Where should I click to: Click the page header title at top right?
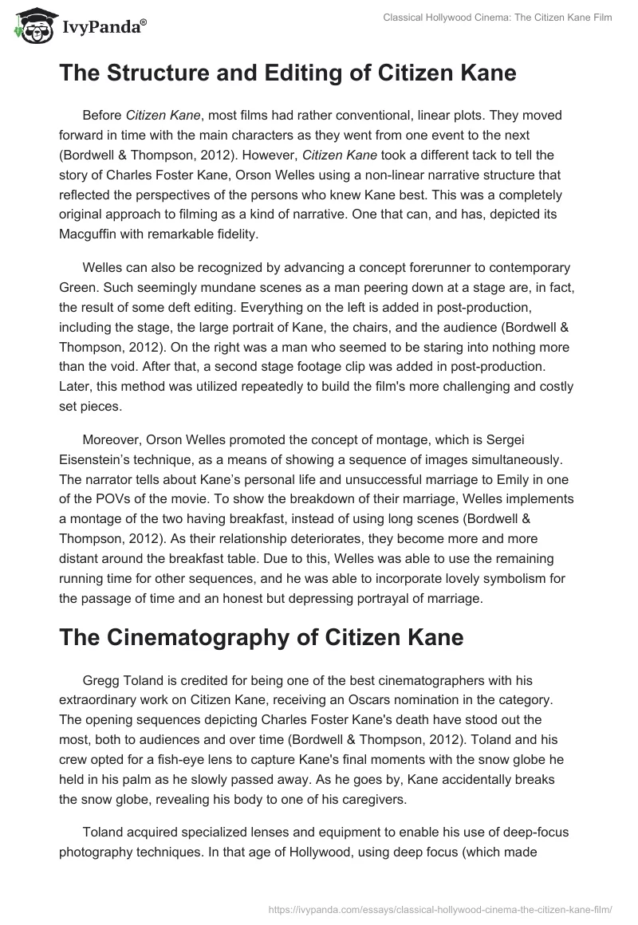[x=498, y=18]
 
